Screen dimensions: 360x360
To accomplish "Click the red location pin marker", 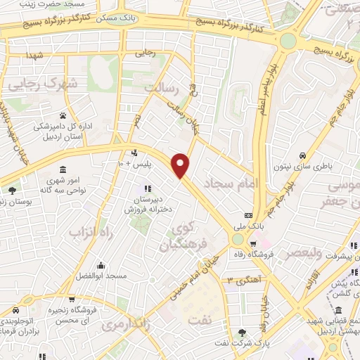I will click(x=181, y=165).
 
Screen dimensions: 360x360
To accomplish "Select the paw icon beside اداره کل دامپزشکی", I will click(x=63, y=115).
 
